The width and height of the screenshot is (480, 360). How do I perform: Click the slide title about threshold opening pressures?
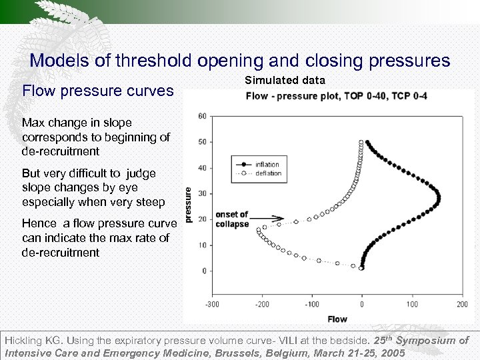pos(240,61)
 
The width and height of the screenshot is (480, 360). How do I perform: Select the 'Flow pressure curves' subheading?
pos(98,90)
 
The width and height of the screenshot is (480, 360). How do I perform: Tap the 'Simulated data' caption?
pos(285,80)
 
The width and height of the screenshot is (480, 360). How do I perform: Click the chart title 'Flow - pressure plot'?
pos(337,96)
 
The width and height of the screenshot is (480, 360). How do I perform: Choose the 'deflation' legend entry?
pos(268,173)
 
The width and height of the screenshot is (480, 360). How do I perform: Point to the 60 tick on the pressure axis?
pos(202,116)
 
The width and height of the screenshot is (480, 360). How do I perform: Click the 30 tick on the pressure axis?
pos(202,193)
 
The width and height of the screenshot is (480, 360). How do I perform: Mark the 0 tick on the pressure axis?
pos(204,271)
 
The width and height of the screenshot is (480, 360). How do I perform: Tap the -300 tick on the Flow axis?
pos(212,305)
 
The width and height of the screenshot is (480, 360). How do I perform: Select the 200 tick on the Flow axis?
pos(462,305)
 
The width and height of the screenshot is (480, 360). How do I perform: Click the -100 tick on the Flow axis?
pos(312,305)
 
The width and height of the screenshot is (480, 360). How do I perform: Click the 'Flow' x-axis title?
pos(337,319)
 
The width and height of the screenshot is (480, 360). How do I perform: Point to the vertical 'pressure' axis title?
pos(189,205)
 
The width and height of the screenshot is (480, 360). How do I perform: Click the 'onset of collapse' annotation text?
pos(232,219)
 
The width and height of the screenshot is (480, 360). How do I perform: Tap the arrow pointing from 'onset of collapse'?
pos(268,218)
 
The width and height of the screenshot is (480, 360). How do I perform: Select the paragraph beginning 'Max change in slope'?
pos(96,137)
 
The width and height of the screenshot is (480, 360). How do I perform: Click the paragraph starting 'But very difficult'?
pos(93,187)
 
